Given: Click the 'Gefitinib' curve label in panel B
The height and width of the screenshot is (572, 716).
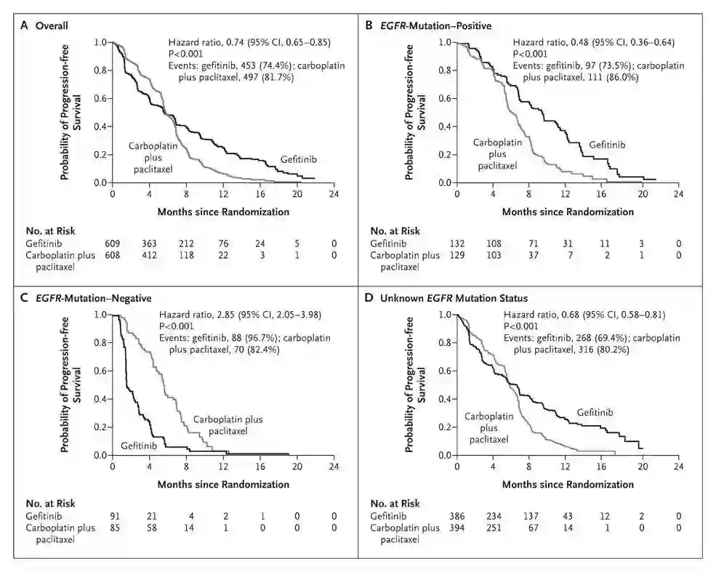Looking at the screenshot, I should pyautogui.click(x=606, y=144).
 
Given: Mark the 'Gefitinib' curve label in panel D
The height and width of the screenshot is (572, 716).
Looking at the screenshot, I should pyautogui.click(x=596, y=412).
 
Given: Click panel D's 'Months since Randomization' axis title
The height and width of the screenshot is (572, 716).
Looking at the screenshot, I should pyautogui.click(x=567, y=483).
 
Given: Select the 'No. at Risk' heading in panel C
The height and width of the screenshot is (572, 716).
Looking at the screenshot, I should pyautogui.click(x=50, y=503).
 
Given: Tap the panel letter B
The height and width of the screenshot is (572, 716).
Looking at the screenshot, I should pyautogui.click(x=369, y=25).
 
